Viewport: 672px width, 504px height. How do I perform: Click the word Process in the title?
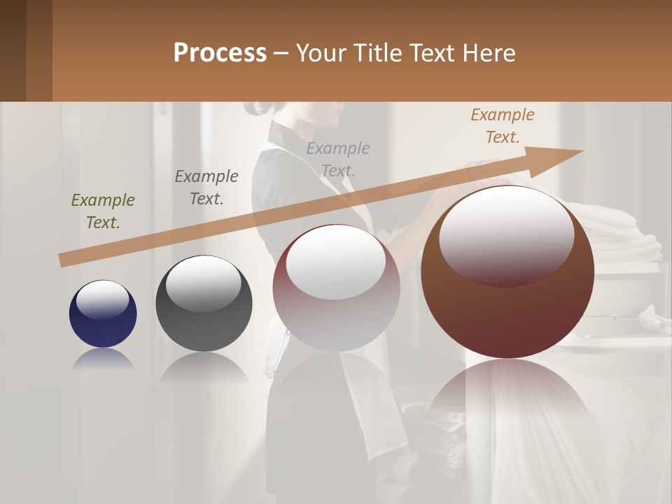pos(220,53)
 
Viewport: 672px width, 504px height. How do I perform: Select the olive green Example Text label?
pos(103,211)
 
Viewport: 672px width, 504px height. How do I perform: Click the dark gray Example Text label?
pos(206,188)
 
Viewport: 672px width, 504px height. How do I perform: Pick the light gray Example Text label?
pos(338,160)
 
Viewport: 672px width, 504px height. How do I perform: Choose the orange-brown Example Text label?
pos(503,126)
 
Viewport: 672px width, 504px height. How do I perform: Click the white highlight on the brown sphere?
pos(506,234)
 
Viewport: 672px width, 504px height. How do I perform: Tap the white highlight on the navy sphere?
pos(102,299)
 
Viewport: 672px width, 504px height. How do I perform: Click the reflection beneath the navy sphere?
pos(103,359)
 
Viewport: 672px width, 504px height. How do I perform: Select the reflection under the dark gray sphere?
pos(204,367)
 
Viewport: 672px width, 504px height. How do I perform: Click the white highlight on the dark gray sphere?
pos(203,284)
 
